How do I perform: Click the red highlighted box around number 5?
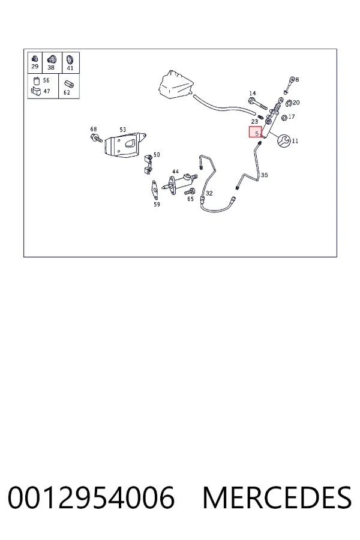coord(256,132)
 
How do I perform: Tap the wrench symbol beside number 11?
coord(284,141)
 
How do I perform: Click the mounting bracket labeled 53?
coord(125,145)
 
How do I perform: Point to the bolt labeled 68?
coord(96,139)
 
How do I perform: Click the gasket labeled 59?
coord(155,190)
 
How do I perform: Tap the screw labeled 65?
coord(190,191)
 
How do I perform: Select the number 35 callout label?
coord(264,175)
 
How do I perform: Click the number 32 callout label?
coord(209,193)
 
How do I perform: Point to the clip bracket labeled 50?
coord(148,164)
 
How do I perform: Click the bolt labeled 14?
coord(257,103)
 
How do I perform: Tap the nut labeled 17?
coord(284,118)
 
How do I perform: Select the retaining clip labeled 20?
coord(289,102)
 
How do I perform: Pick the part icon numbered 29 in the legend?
coord(34,59)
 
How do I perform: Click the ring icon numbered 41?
coord(70,59)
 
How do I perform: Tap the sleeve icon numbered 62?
coord(69,85)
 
